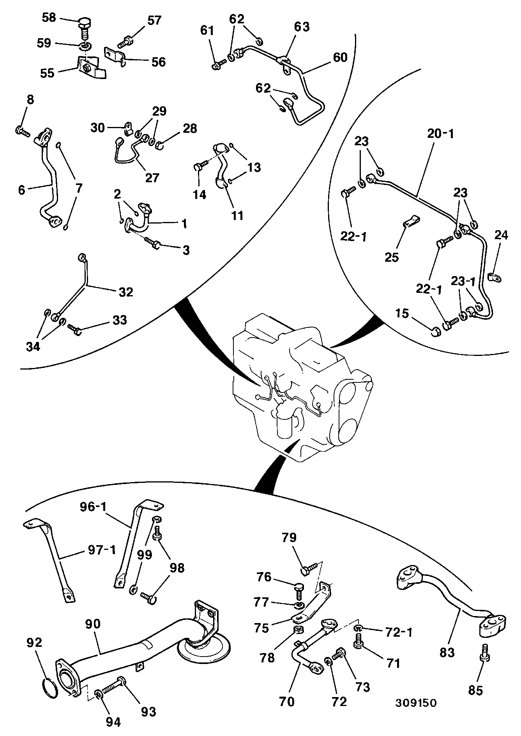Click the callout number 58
49,18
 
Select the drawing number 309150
415,703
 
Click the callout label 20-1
441,134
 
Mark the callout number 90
93,624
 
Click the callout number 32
125,292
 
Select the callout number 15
403,313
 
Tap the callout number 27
152,178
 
